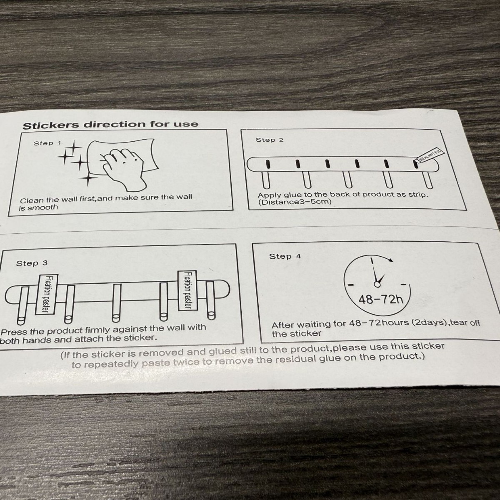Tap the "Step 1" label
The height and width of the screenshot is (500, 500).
(x=47, y=143)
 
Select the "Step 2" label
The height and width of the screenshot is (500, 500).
(x=270, y=140)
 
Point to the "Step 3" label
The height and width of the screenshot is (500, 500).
(x=32, y=263)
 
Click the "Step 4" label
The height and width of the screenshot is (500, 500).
(x=285, y=256)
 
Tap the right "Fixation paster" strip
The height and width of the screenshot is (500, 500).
(x=185, y=290)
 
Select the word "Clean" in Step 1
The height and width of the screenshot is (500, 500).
(x=29, y=200)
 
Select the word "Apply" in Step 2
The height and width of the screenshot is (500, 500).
(x=270, y=195)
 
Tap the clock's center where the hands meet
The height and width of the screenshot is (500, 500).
(x=377, y=284)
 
